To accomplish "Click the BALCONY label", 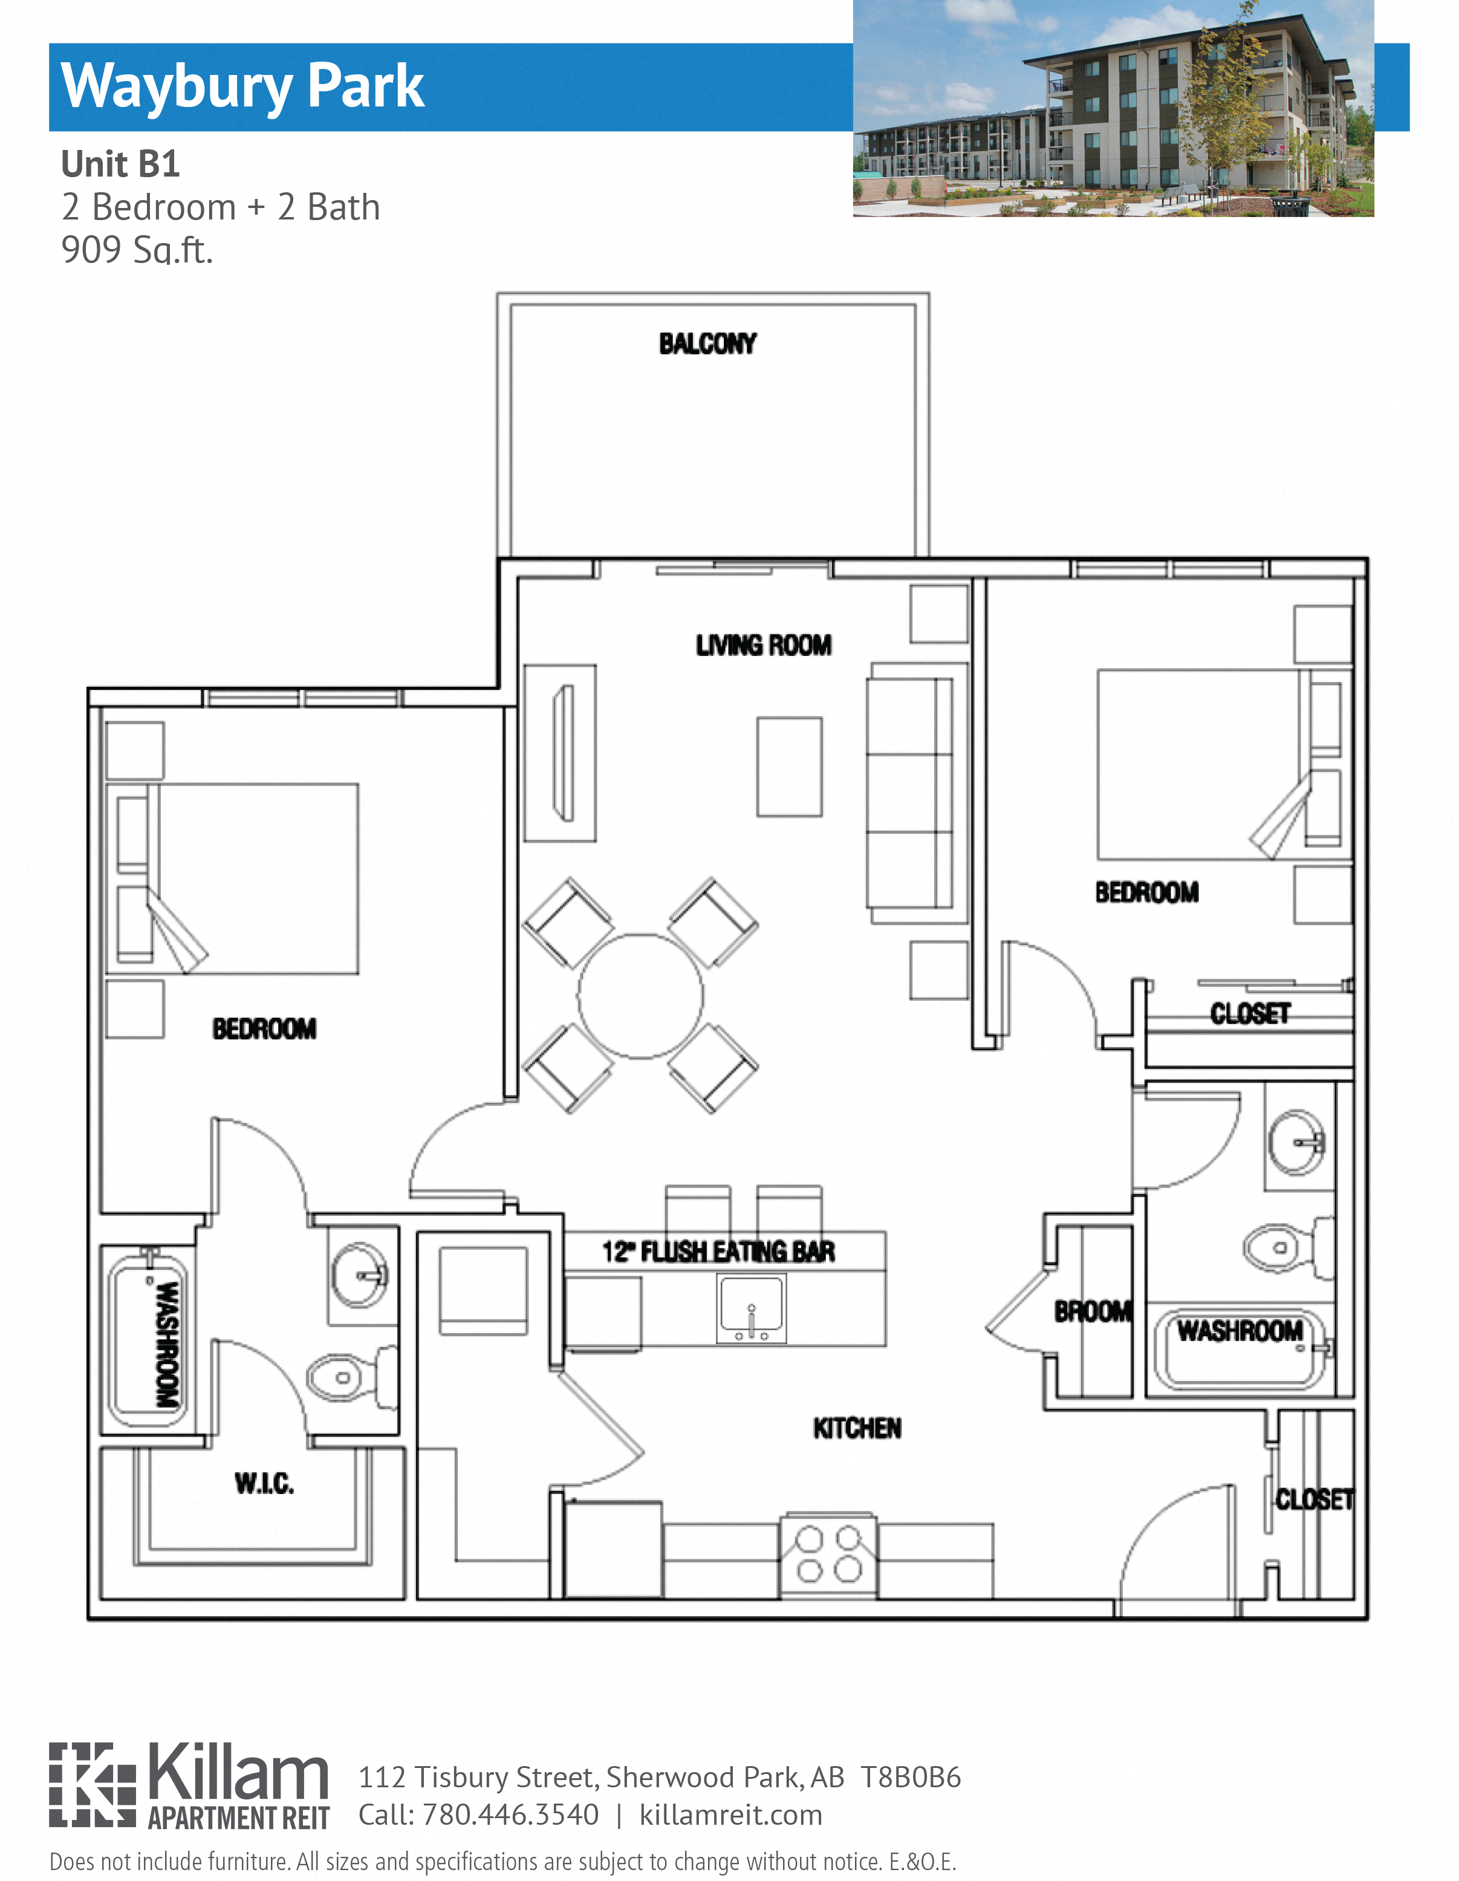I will [707, 343].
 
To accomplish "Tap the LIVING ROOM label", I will [763, 645].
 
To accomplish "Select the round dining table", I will [640, 996].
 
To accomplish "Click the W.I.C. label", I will [264, 1483].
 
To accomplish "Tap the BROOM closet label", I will [1092, 1311].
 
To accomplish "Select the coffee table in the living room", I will [789, 767].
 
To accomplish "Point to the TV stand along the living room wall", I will [561, 753].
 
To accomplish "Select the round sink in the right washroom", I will [1296, 1143].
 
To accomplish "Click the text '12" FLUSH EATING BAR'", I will [718, 1252].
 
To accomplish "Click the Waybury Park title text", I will [243, 87].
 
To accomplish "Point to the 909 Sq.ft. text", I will [137, 250].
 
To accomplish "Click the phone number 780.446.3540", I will [510, 1814].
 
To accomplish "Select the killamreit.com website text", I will [730, 1814].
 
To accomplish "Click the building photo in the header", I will [1112, 108].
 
